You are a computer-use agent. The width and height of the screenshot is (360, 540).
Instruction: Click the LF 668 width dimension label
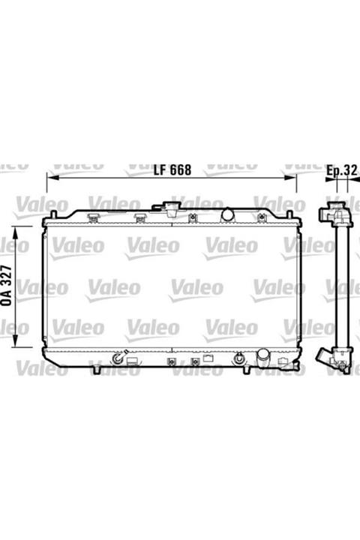(x=172, y=169)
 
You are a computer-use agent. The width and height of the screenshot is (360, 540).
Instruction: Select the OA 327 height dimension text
(x=7, y=286)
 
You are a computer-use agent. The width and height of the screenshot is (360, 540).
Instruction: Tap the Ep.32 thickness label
(x=342, y=171)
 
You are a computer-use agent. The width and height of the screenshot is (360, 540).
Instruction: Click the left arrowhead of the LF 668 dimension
(x=51, y=178)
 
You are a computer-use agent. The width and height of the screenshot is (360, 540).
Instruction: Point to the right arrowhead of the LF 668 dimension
(x=291, y=178)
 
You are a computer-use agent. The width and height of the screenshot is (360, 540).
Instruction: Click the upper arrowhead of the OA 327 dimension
(x=15, y=232)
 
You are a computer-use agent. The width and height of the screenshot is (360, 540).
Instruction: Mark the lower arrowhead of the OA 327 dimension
(x=15, y=342)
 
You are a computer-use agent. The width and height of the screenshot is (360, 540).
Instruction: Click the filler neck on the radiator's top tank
(x=171, y=208)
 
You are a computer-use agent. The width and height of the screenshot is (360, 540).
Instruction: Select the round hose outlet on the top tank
(x=227, y=214)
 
